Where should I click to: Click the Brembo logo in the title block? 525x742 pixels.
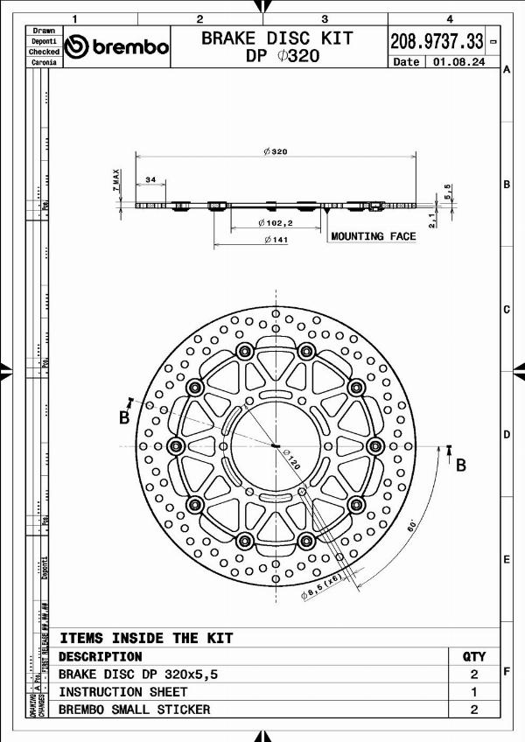[x=116, y=46]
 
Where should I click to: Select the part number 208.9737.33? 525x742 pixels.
[x=436, y=40]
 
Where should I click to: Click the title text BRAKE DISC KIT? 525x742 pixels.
[x=277, y=38]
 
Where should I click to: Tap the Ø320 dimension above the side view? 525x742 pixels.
[x=275, y=151]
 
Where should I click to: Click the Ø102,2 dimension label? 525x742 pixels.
[x=275, y=223]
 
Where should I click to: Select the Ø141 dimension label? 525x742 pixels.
[x=276, y=240]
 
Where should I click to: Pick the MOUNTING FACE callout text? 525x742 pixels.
[x=373, y=236]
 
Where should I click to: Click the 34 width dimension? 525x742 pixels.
[x=150, y=179]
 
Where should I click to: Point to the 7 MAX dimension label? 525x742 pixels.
[x=115, y=180]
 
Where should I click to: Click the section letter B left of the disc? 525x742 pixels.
[x=123, y=418]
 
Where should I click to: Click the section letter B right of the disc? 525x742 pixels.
[x=461, y=465]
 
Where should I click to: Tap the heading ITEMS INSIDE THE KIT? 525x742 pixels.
[x=146, y=638]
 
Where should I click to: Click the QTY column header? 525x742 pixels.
[x=473, y=656]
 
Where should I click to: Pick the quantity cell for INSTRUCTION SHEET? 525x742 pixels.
[x=473, y=691]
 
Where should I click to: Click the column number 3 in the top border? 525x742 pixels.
[x=325, y=18]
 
